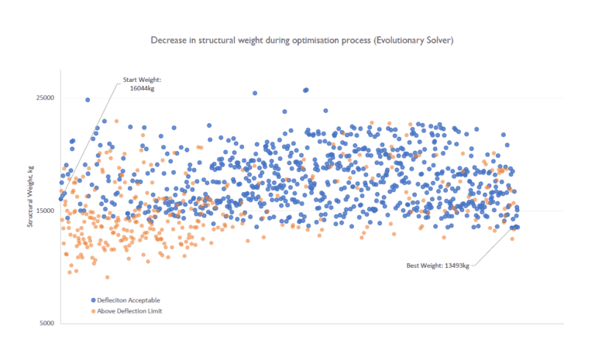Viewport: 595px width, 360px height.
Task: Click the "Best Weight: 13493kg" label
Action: [x=439, y=266]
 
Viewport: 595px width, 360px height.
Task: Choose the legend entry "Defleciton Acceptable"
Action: [x=129, y=300]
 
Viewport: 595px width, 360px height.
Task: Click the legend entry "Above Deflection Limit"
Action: [x=129, y=310]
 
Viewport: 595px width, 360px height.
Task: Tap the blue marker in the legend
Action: [x=92, y=300]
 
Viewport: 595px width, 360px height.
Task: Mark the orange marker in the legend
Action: [x=92, y=310]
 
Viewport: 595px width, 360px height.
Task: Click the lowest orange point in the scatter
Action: [x=107, y=277]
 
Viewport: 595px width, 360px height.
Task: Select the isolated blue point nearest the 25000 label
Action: [x=88, y=100]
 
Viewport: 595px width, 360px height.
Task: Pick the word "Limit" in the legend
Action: [x=153, y=310]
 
